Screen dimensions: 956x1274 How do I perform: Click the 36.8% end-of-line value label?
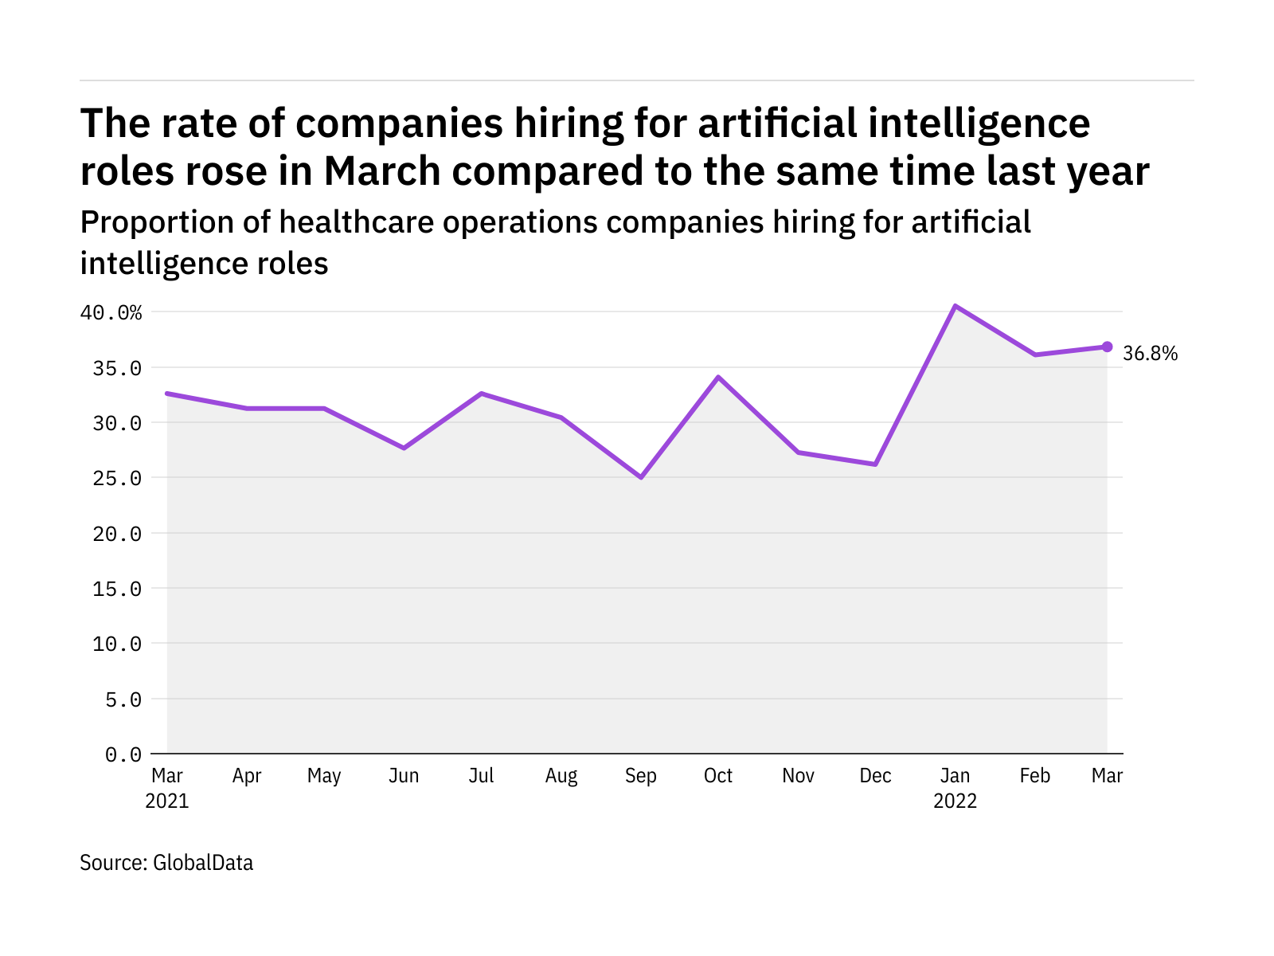pyautogui.click(x=1150, y=354)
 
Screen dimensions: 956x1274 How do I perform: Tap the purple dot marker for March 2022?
pyautogui.click(x=1107, y=347)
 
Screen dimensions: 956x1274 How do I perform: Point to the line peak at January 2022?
pyautogui.click(x=955, y=306)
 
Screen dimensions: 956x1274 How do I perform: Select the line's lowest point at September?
pyautogui.click(x=641, y=477)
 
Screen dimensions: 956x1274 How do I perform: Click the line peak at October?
pyautogui.click(x=718, y=377)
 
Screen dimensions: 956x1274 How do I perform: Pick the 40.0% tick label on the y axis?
pyautogui.click(x=111, y=313)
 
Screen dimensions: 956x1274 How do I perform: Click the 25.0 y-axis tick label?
pyautogui.click(x=117, y=479)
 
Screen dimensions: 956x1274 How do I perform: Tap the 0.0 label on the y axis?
pyautogui.click(x=123, y=754)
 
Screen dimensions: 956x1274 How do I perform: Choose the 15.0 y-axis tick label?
pyautogui.click(x=117, y=589)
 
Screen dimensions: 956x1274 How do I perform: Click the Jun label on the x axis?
pyautogui.click(x=404, y=776)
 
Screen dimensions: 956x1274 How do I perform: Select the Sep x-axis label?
pyautogui.click(x=641, y=776)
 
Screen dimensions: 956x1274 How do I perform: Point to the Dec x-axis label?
pyautogui.click(x=875, y=776)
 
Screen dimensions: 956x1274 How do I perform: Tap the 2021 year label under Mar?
pyautogui.click(x=167, y=801)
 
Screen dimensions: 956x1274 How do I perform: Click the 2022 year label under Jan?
pyautogui.click(x=955, y=801)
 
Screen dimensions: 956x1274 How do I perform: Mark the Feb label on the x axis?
pyautogui.click(x=1035, y=776)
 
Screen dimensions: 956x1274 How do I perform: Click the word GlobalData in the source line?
pyautogui.click(x=203, y=863)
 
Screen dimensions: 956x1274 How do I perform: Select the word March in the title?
pyautogui.click(x=382, y=171)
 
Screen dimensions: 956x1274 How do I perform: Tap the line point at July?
pyautogui.click(x=482, y=394)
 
